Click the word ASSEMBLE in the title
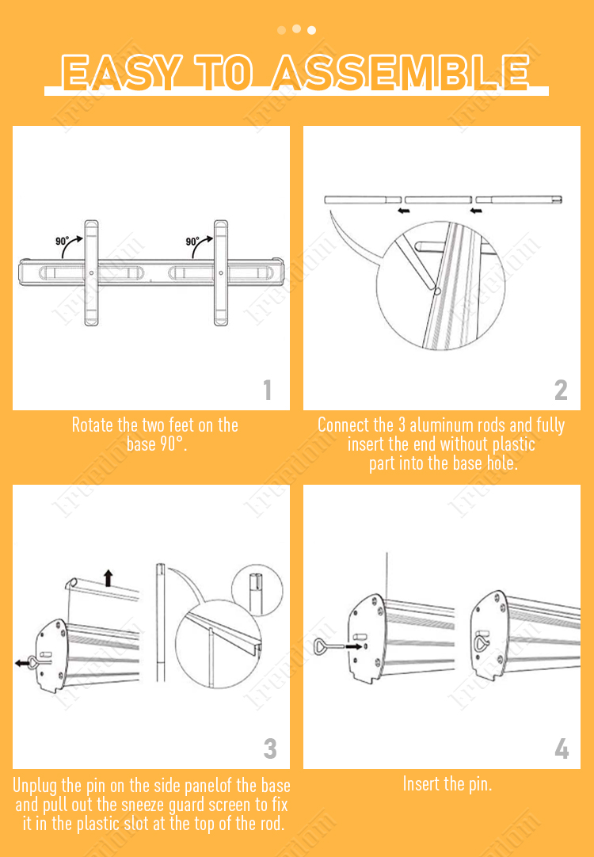click(401, 72)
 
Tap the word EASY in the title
click(121, 72)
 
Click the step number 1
click(267, 390)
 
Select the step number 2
click(561, 390)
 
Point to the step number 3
click(270, 748)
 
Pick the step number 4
click(562, 748)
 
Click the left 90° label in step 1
click(63, 241)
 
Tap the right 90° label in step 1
click(192, 241)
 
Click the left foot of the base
click(91, 272)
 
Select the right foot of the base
click(221, 272)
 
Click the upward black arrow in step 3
click(109, 577)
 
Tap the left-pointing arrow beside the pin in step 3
click(22, 663)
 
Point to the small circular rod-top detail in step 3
click(257, 590)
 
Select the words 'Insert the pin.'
click(447, 784)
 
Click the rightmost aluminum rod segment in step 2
click(519, 200)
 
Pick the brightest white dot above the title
click(311, 30)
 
